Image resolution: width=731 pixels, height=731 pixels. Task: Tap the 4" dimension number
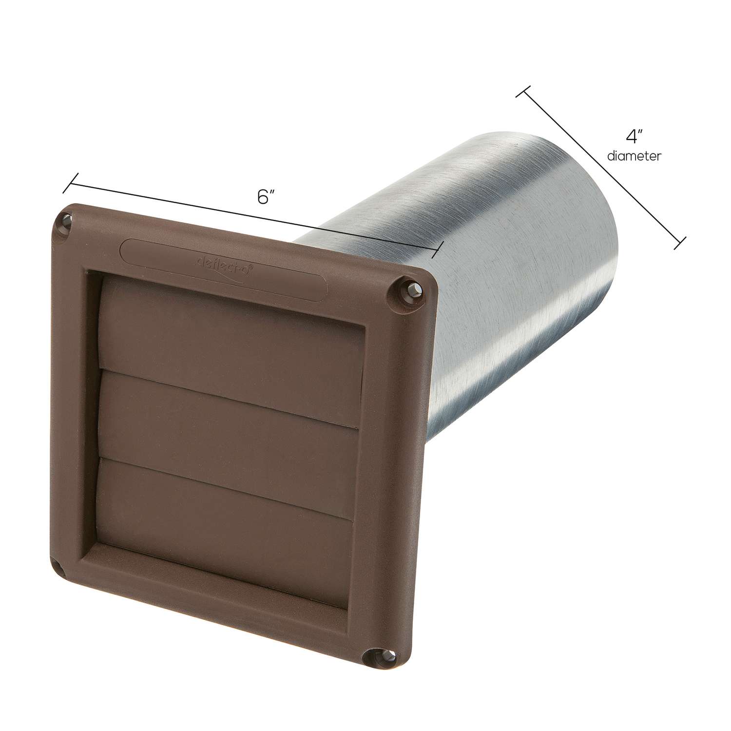pyautogui.click(x=633, y=137)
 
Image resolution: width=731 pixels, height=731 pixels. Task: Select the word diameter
pyautogui.click(x=634, y=156)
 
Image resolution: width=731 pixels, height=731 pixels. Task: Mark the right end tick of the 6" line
pyautogui.click(x=437, y=250)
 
